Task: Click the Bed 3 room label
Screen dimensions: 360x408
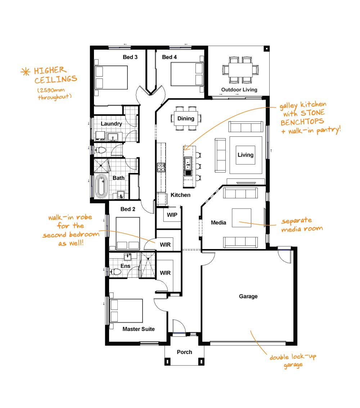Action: coord(130,57)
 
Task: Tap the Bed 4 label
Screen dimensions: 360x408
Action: coord(169,57)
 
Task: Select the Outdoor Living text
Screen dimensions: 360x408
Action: coord(239,90)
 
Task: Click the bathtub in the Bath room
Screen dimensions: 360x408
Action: coord(101,186)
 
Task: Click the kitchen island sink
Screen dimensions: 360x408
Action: coord(188,164)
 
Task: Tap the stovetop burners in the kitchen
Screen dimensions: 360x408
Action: coord(161,167)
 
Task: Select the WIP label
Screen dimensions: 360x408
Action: coord(172,215)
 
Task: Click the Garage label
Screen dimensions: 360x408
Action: coord(248,296)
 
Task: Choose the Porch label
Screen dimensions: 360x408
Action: coord(185,352)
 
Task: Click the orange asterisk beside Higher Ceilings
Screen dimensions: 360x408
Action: coord(25,72)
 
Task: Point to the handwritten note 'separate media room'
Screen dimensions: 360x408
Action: coord(302,225)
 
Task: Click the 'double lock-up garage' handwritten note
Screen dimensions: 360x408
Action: coord(293,361)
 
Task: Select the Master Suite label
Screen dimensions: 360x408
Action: coord(139,329)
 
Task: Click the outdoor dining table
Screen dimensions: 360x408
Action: coord(240,70)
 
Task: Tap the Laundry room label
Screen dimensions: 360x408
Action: coord(111,124)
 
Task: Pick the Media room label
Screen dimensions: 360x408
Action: coord(219,223)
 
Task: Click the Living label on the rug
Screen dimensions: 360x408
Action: coord(246,155)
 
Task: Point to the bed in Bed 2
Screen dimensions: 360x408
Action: coord(128,234)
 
